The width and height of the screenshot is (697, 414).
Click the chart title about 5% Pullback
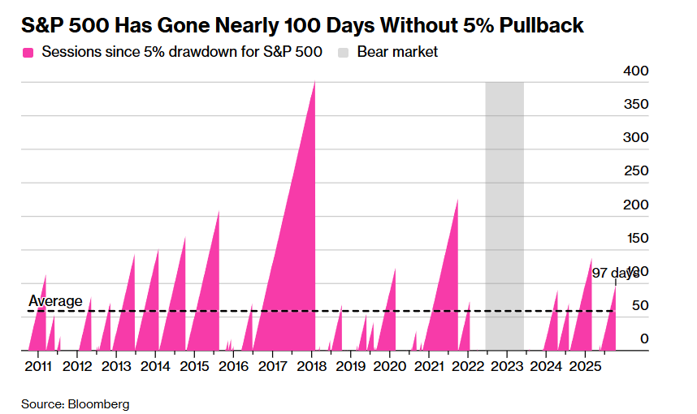click(x=302, y=26)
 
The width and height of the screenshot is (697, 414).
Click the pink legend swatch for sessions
click(x=28, y=52)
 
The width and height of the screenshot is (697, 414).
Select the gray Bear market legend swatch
click(x=344, y=52)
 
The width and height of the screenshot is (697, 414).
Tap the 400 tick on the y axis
click(x=635, y=71)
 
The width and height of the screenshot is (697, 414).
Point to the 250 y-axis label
click(x=635, y=171)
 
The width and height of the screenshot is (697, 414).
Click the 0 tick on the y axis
click(x=643, y=339)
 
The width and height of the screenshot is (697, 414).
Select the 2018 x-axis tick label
click(x=312, y=367)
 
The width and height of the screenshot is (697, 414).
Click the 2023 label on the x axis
click(x=508, y=367)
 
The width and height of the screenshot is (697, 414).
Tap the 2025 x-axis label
click(x=586, y=367)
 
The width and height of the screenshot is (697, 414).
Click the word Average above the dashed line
click(x=55, y=302)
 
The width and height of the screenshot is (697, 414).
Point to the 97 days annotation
click(x=615, y=273)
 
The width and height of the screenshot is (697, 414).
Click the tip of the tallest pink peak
click(x=314, y=82)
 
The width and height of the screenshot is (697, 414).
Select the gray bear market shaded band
click(x=504, y=211)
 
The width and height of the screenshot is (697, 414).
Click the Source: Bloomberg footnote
click(x=75, y=403)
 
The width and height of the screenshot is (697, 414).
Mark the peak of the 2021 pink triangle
click(x=457, y=200)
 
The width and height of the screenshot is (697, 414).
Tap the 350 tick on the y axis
click(x=635, y=105)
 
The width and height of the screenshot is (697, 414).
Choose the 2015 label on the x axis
click(x=194, y=367)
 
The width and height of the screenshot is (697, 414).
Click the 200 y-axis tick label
click(x=635, y=205)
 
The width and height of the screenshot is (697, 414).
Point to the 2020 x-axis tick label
click(x=390, y=367)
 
